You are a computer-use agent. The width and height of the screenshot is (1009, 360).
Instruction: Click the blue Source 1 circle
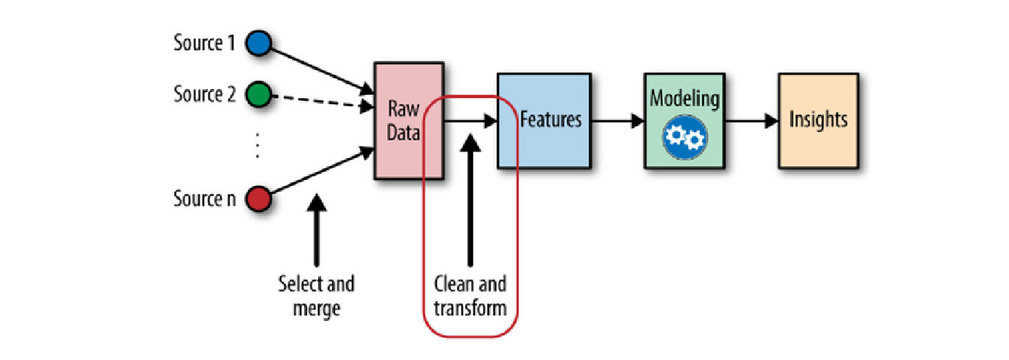pos(259,43)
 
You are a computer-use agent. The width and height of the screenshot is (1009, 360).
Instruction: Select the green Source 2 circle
pos(259,95)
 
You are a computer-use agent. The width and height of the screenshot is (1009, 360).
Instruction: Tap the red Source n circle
pos(259,199)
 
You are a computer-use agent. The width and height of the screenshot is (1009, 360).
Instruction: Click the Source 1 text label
pos(204,43)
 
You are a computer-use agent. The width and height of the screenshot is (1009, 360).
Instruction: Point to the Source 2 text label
pos(204,95)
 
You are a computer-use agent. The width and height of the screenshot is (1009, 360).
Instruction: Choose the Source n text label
pos(204,199)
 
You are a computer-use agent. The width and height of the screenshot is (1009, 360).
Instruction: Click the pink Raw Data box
pos(408,121)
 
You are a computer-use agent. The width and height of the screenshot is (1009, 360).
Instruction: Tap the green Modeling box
pos(684,120)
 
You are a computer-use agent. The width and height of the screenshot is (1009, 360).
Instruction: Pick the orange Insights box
pos(818,120)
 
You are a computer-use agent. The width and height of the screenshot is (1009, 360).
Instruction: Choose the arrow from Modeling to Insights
pos(751,121)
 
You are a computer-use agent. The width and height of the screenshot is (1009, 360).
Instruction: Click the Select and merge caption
pos(317,296)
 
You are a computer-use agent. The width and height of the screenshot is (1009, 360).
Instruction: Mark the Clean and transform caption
pos(471,296)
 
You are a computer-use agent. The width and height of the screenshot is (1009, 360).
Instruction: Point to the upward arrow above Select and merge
pos(317,228)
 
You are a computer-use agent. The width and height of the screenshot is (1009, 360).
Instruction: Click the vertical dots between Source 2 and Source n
pos(258,147)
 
